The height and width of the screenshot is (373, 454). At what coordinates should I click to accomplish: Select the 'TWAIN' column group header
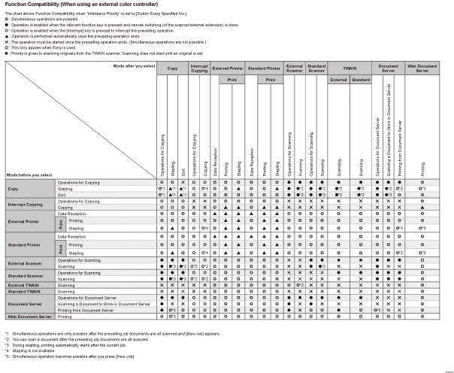(350, 68)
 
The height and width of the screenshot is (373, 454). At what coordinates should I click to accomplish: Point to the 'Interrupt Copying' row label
(26, 204)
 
